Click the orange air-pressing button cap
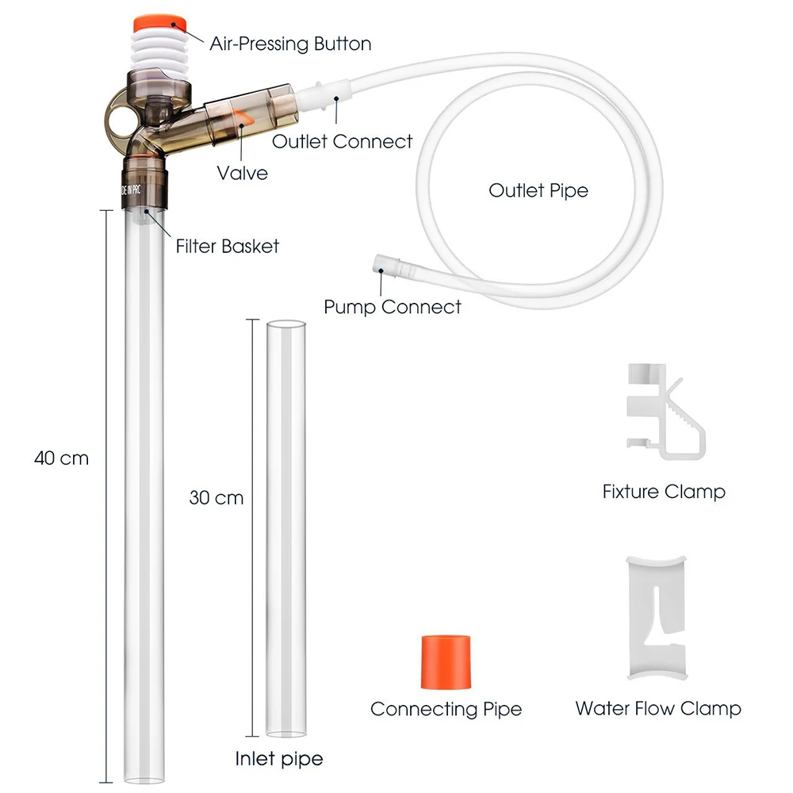(159, 25)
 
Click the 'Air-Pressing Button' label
(290, 44)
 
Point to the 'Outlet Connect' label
(342, 142)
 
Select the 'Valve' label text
(242, 174)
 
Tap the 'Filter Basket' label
(227, 247)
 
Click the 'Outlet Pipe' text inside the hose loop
(538, 190)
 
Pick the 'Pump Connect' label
(393, 307)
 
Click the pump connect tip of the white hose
(386, 265)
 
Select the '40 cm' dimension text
(61, 458)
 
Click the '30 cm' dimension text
(216, 498)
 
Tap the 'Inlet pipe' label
(278, 759)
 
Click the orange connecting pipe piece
(446, 661)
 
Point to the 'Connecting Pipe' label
(446, 709)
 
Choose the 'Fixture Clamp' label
(664, 492)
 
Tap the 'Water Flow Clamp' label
(658, 708)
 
